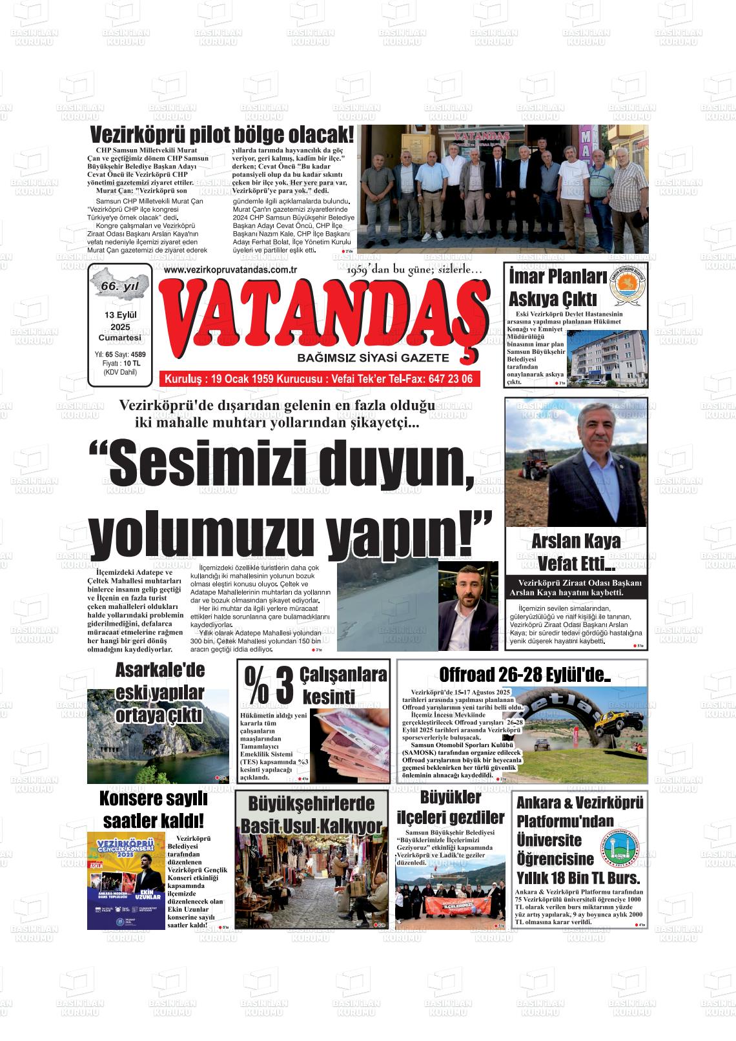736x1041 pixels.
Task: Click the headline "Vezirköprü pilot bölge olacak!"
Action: click(222, 136)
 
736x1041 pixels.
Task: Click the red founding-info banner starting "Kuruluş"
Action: click(320, 378)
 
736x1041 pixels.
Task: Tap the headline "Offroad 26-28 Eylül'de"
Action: click(524, 675)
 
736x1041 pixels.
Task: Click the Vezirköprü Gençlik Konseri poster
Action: click(126, 880)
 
